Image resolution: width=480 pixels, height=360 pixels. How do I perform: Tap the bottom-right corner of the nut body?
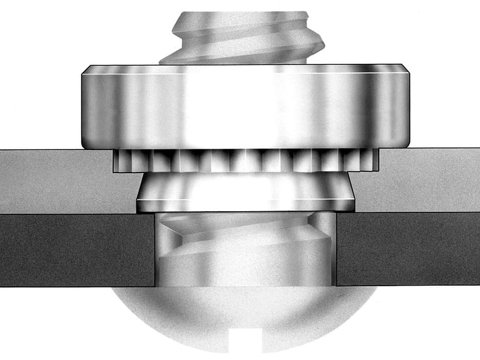[x=406, y=147]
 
